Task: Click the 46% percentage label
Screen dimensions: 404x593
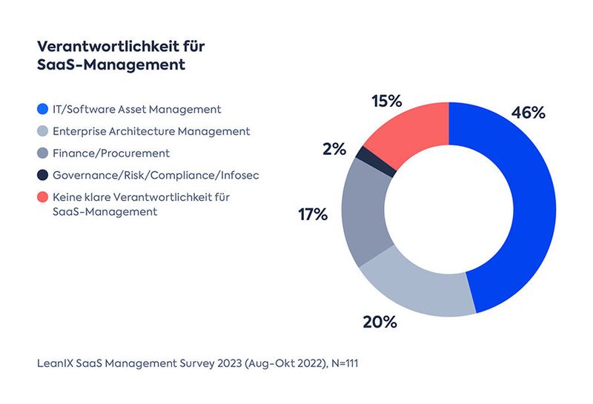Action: coord(528,113)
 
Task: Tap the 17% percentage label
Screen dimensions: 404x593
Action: coord(312,215)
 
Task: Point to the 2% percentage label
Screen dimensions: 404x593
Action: coord(334,149)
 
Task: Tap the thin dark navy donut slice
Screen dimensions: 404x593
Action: coord(364,153)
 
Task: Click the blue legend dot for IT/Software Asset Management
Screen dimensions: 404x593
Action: coord(44,110)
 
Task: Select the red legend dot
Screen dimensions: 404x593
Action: coord(44,198)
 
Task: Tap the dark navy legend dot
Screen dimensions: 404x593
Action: coord(44,176)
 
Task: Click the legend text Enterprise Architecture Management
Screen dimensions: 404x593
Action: coord(150,131)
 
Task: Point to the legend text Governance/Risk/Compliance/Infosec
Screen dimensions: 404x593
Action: coord(155,176)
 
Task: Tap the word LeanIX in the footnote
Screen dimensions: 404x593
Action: coord(58,364)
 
